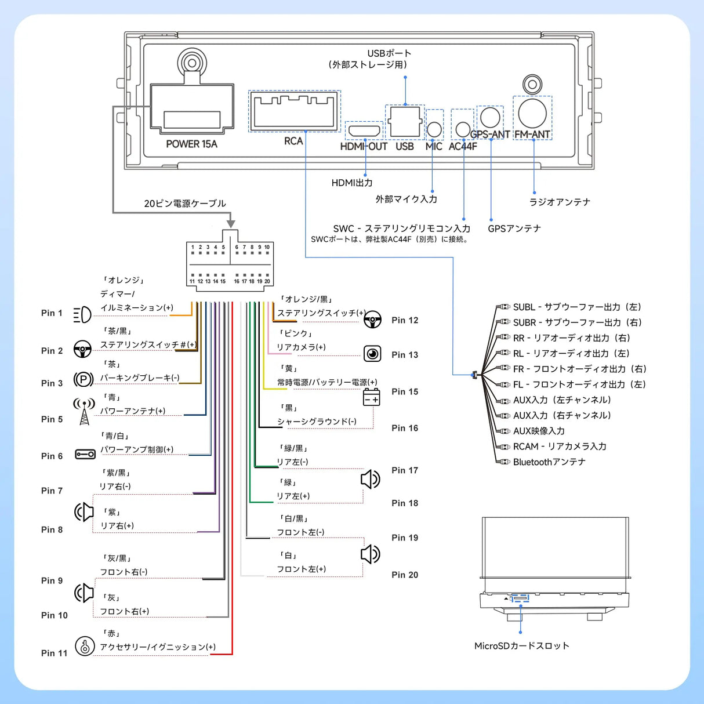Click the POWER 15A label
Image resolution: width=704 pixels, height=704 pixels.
tap(191, 144)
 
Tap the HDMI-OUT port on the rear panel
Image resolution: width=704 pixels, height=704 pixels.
tap(364, 130)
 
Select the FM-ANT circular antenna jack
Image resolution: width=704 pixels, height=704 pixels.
tap(532, 113)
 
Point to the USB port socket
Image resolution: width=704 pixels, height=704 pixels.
tap(405, 122)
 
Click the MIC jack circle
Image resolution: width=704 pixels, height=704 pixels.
tap(434, 129)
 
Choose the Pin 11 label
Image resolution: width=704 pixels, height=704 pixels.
tap(54, 653)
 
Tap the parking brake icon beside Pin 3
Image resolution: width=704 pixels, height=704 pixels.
tap(84, 379)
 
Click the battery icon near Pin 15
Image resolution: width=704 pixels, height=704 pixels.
tap(371, 398)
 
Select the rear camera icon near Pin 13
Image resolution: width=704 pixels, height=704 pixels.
tap(372, 354)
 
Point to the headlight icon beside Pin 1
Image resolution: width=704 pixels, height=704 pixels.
tap(82, 315)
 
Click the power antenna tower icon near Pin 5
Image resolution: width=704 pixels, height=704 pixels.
tap(84, 411)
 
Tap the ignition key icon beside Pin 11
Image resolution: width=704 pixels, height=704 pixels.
tap(85, 646)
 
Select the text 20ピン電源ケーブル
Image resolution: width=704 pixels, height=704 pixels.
tap(185, 204)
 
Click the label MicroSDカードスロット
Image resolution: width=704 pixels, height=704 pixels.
tap(521, 646)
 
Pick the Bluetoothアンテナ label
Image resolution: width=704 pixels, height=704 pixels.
tap(549, 462)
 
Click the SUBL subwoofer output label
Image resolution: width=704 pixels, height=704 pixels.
tap(577, 307)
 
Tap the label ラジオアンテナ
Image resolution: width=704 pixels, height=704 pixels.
tap(560, 202)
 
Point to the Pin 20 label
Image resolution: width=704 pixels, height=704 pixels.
tap(405, 575)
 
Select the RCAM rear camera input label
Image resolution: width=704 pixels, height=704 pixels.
tap(560, 447)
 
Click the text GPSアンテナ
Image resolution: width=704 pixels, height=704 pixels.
tap(514, 228)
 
